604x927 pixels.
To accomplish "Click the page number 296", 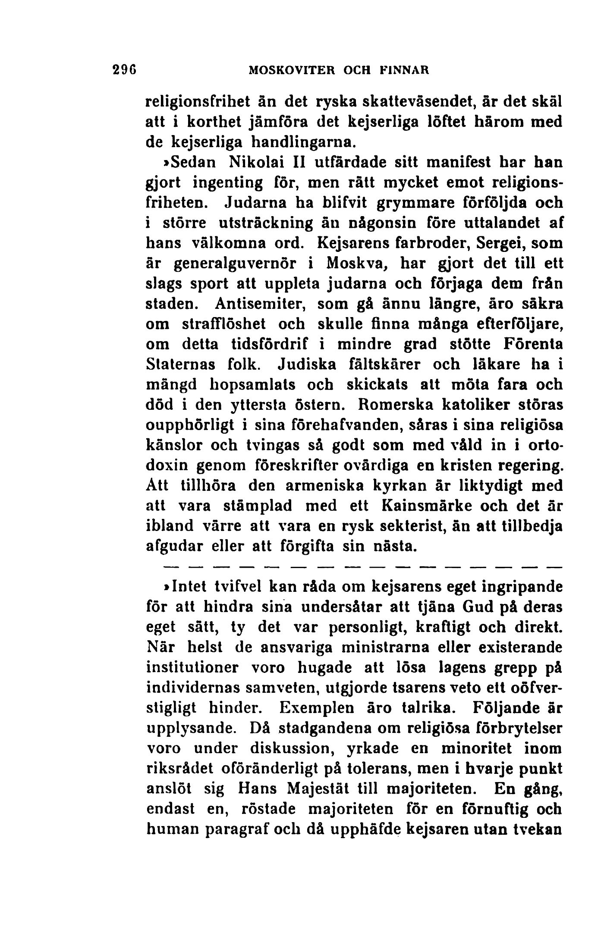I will tap(124, 69).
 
